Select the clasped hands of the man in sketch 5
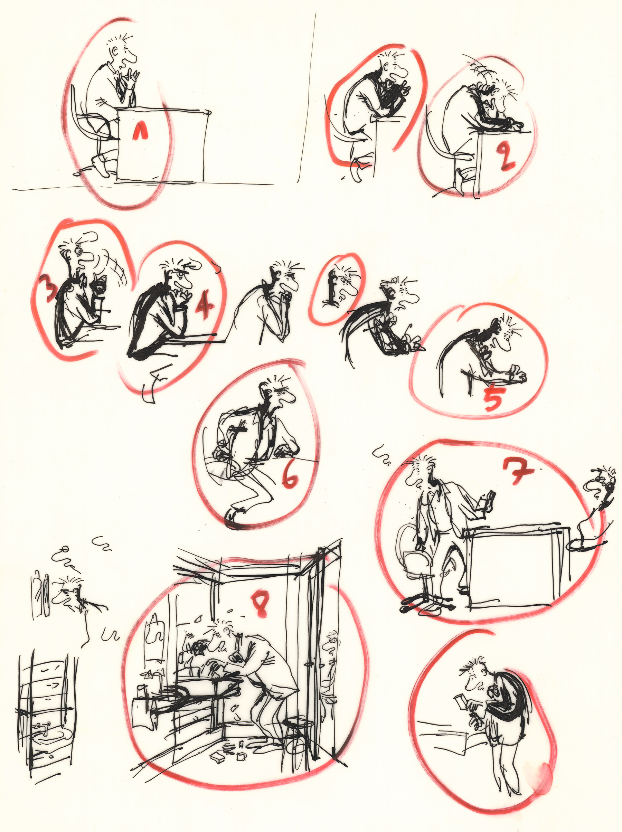coord(517,375)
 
